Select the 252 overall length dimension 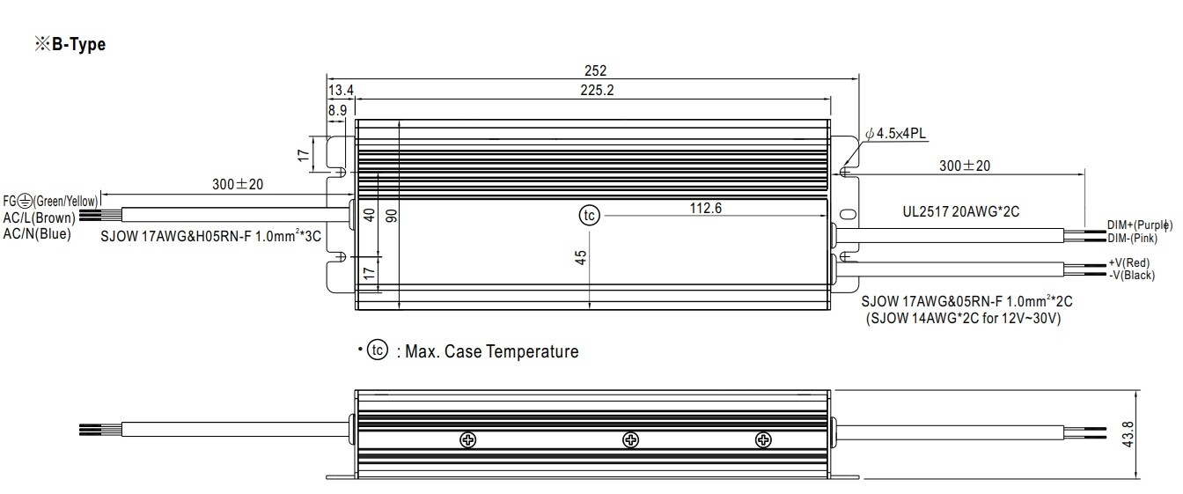tap(595, 70)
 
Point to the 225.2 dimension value tap(597, 91)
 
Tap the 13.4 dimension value tap(341, 91)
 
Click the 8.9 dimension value tap(337, 110)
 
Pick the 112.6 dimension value tap(706, 208)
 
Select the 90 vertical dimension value tap(392, 215)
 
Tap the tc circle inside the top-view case tap(590, 216)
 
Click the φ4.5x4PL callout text tap(896, 134)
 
